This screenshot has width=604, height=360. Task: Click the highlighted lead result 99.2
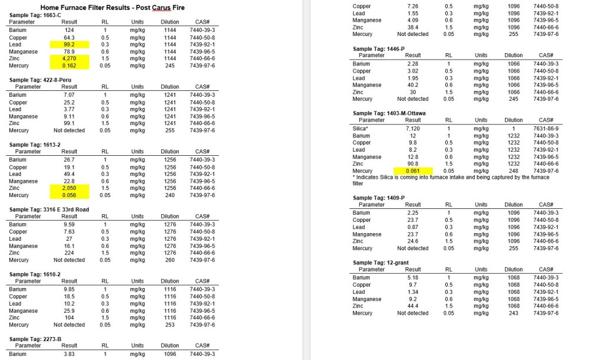[70, 44]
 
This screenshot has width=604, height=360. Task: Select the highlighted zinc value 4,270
[70, 58]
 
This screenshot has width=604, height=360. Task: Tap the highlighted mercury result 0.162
[70, 66]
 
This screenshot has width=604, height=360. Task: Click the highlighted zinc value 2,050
[70, 188]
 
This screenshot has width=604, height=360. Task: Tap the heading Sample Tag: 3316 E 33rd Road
[49, 210]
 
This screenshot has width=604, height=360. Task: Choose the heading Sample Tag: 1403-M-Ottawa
[389, 113]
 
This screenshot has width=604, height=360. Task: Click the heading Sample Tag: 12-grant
[382, 263]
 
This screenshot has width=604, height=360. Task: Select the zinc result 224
[70, 253]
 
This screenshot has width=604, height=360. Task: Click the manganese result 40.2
[413, 85]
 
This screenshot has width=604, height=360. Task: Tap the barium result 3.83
[70, 354]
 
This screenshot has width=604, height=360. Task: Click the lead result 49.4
[70, 174]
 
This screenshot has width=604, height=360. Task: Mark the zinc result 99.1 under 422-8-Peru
[70, 123]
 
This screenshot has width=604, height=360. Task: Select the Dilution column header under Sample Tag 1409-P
[513, 205]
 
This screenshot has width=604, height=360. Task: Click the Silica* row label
[360, 128]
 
